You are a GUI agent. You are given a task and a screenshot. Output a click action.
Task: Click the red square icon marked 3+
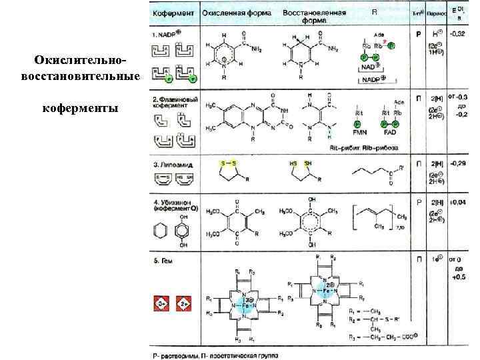(161, 304)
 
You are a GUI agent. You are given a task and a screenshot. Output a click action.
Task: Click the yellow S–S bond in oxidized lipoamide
(227, 162)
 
